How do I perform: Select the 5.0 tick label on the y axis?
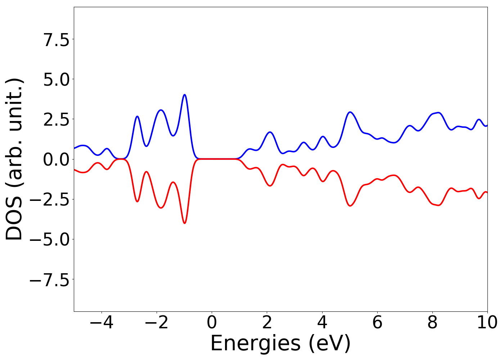coord(56,80)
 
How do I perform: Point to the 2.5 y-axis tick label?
coord(56,120)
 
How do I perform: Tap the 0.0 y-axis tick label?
coord(56,159)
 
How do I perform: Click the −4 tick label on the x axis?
coord(102,323)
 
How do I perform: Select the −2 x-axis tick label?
coord(157,323)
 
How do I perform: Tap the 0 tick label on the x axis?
coord(212,323)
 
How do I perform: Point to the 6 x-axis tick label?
coord(377,323)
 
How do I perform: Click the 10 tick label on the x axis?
coord(487,323)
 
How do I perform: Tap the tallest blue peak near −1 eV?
coord(185,95)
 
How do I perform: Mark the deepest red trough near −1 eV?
coord(185,223)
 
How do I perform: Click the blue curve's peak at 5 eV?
coord(350,112)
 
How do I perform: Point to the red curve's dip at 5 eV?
coord(350,206)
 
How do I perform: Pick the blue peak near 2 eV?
coord(270,132)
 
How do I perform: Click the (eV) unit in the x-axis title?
coord(329,343)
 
